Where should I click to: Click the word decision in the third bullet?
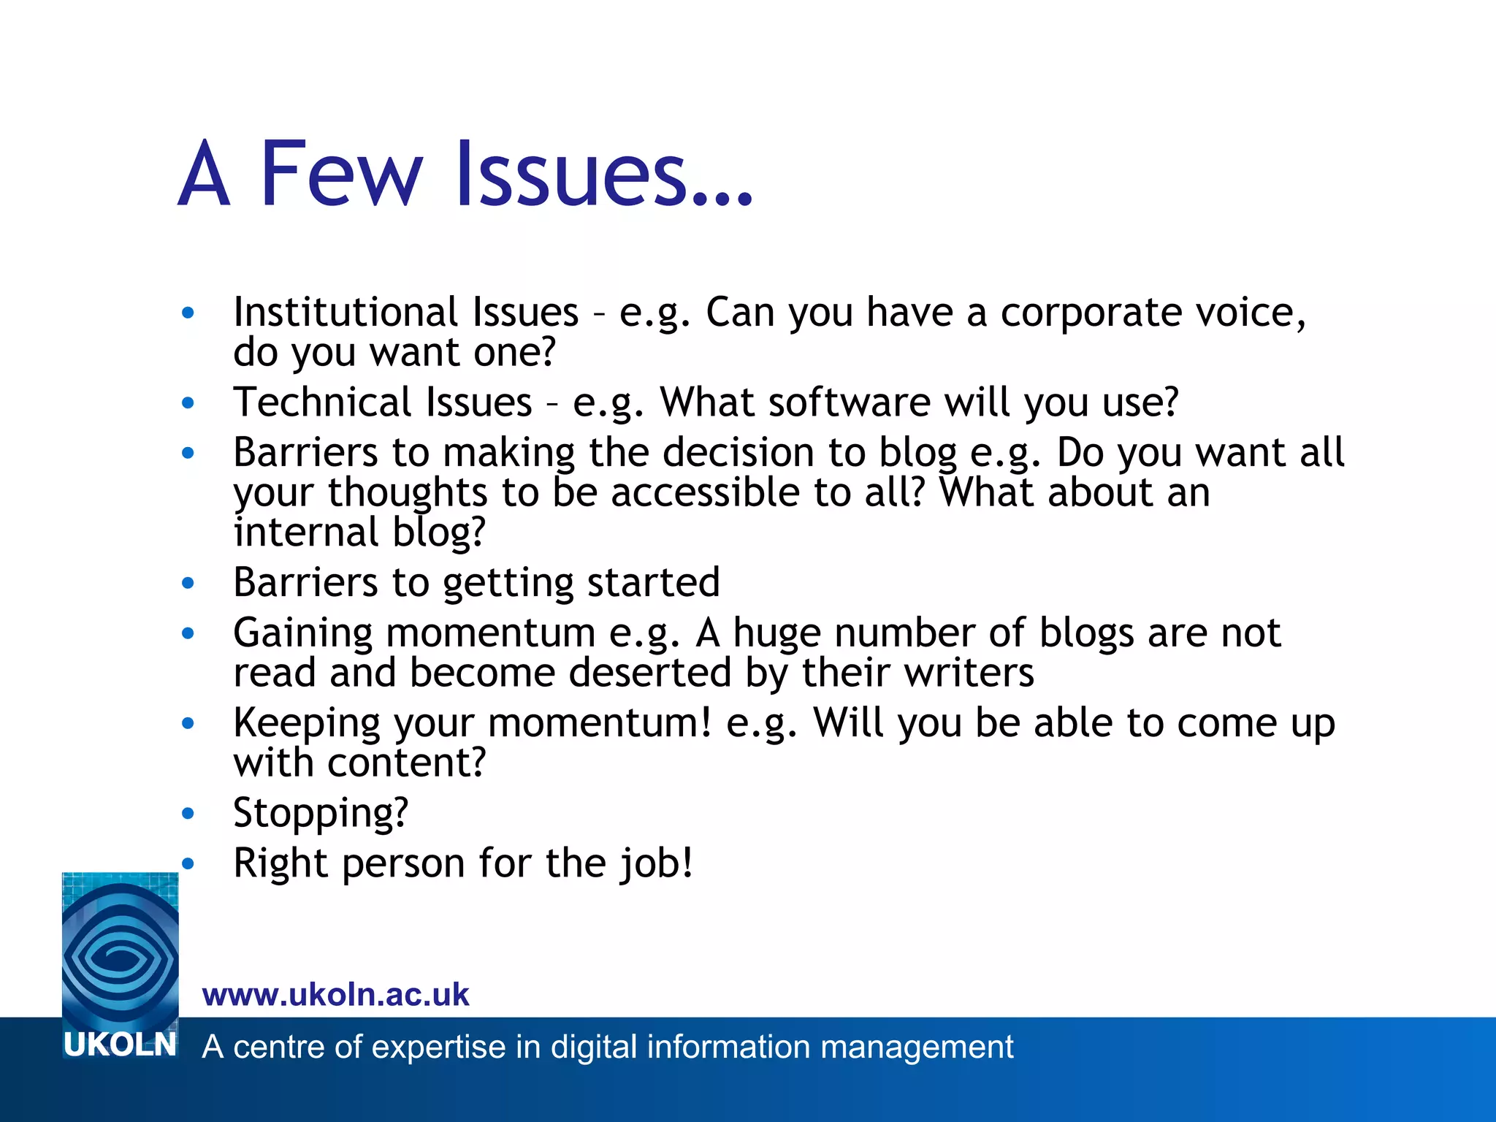(739, 452)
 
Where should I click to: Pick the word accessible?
(705, 492)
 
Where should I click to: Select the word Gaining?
(302, 633)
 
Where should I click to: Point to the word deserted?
(650, 672)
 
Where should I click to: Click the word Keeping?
(307, 723)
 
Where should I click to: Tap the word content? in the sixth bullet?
(406, 763)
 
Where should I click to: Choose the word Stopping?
(321, 813)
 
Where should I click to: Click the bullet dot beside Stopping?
(188, 813)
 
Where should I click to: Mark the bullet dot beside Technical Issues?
(188, 402)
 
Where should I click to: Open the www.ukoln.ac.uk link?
(336, 995)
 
